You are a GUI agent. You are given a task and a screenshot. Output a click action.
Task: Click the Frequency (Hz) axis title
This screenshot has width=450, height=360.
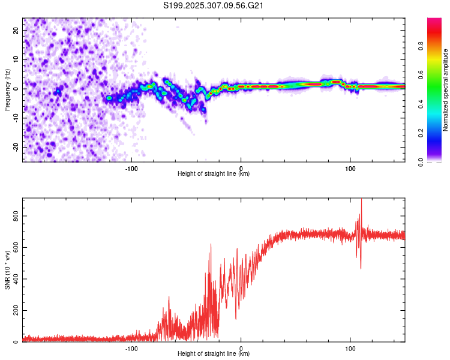tap(7, 89)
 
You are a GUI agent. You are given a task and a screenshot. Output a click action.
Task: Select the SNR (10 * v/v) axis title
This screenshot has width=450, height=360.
tap(7, 269)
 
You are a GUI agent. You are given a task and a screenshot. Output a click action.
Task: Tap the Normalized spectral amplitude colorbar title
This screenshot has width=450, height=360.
tap(446, 90)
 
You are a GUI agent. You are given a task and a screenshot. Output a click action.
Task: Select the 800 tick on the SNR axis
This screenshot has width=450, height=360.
tap(17, 215)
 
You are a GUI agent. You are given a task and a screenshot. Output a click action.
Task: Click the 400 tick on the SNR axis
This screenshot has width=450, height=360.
tap(17, 279)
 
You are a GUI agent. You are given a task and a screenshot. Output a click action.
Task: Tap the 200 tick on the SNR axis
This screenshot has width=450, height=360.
tap(17, 310)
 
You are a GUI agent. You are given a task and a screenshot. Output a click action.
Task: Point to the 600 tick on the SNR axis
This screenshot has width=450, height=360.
tap(17, 247)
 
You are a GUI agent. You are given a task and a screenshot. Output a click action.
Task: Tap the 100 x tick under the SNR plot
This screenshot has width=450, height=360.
tap(350, 348)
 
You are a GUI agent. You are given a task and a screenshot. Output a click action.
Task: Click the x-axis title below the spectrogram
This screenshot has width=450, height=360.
tap(214, 174)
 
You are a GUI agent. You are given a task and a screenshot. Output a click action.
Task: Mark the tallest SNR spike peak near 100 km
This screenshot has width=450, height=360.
tap(361, 199)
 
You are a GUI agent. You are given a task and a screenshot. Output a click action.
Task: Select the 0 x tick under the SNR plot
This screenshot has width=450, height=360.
tap(241, 348)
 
